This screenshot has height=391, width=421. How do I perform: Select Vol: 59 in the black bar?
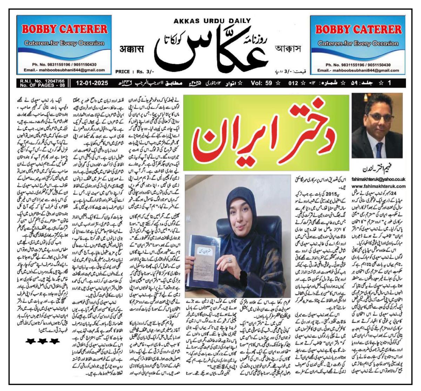(x=262, y=84)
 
